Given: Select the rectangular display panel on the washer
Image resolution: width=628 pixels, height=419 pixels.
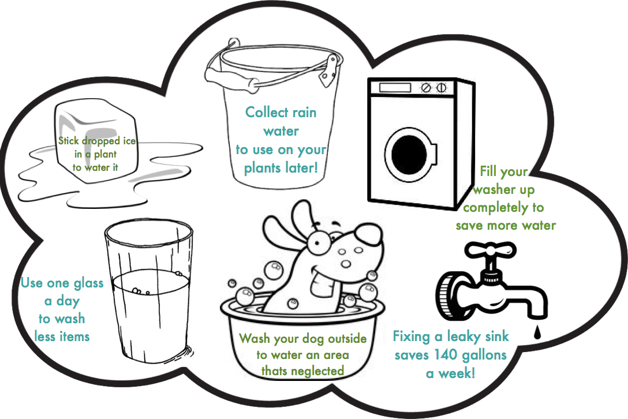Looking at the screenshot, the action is tap(395, 87).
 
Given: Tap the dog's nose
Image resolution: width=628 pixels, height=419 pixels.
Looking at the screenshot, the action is tap(368, 234).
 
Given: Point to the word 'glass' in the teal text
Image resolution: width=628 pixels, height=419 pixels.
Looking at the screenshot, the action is tap(88, 284).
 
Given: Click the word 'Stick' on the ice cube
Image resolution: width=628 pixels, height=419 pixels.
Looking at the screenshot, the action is tap(69, 141).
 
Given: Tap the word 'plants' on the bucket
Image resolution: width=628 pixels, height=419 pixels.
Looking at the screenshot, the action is tap(262, 169).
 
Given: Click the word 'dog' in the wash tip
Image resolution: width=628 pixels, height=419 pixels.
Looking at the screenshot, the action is tap(312, 339).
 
